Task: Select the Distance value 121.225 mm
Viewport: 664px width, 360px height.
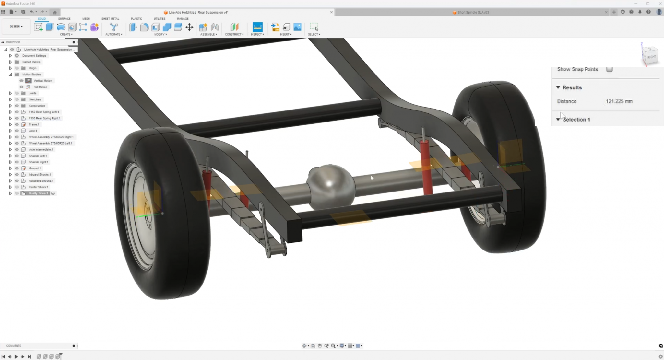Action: [619, 101]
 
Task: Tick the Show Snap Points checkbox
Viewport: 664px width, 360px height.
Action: [609, 69]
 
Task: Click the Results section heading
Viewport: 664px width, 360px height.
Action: [572, 87]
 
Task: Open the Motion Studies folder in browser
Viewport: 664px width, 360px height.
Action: [31, 75]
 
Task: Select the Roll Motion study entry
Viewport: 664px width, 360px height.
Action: [40, 87]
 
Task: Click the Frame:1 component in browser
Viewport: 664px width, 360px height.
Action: [34, 124]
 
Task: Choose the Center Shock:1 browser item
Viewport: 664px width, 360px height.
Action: [38, 187]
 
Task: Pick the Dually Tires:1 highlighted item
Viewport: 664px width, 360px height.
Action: [38, 193]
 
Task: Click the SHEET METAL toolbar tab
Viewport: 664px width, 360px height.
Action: [110, 19]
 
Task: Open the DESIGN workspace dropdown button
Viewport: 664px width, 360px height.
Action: [16, 26]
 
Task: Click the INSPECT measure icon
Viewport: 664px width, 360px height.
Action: [257, 27]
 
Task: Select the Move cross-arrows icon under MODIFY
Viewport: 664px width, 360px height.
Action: [189, 27]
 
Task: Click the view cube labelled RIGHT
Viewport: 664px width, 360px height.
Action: [651, 57]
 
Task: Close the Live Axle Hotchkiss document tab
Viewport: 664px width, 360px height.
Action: [331, 12]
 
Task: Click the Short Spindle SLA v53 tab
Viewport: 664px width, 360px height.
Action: [473, 12]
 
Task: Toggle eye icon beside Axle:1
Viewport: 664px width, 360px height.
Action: [17, 131]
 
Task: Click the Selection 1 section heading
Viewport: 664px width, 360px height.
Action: [576, 120]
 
